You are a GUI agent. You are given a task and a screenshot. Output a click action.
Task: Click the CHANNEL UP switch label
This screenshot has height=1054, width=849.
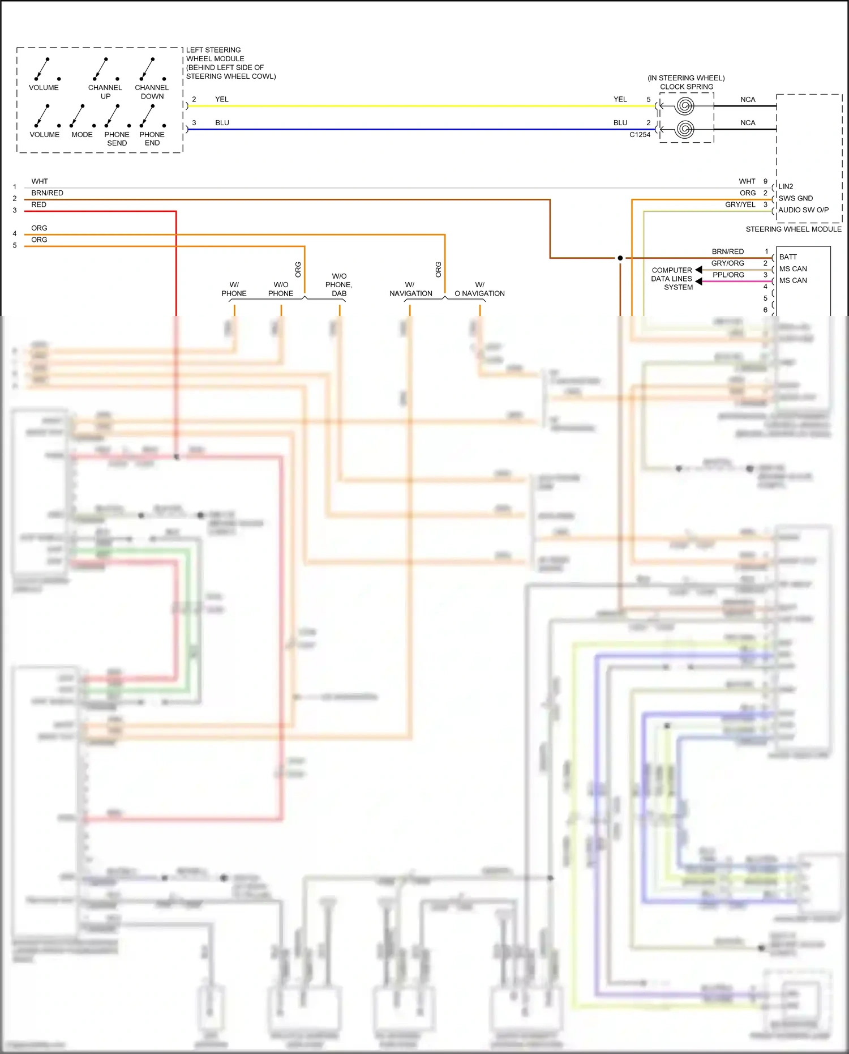pos(105,92)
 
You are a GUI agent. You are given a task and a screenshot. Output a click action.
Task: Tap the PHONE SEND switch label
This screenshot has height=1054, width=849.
pos(117,139)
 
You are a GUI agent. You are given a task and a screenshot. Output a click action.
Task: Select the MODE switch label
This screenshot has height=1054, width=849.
pos(82,135)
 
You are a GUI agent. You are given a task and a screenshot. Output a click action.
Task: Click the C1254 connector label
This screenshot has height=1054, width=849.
pos(640,135)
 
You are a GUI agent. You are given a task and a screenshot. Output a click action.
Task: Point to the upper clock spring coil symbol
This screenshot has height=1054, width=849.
pos(685,106)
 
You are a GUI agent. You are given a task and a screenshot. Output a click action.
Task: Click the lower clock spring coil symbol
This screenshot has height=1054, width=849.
pos(685,129)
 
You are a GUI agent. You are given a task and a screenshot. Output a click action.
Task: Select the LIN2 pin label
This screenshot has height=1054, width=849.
pos(786,186)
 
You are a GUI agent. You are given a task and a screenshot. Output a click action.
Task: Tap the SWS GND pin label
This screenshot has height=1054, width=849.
pos(795,198)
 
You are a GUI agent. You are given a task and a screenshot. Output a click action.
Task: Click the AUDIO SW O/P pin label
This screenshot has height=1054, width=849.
pos(803,210)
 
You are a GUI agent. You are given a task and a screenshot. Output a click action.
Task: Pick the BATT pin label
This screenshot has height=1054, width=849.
pos(788,257)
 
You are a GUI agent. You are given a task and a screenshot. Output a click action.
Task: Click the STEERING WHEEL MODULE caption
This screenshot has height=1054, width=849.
pos(793,229)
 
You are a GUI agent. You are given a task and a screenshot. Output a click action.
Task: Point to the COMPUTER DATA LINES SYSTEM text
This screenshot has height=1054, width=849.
pos(672,279)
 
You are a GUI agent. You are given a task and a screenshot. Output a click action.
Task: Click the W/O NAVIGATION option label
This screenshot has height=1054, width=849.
pos(479,289)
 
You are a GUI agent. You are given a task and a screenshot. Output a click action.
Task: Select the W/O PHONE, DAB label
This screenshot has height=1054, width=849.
pos(339,285)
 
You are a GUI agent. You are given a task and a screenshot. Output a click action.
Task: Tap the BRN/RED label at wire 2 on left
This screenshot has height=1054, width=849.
pos(48,193)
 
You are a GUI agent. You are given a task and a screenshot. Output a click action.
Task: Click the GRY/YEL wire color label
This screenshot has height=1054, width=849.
pos(740,205)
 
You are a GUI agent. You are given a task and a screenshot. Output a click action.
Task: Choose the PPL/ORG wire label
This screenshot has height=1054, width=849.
pos(728,275)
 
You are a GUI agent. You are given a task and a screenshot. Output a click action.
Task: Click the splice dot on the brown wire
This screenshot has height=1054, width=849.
pos(620,258)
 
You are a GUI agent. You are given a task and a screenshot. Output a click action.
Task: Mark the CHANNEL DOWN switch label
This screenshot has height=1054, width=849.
pos(152,92)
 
